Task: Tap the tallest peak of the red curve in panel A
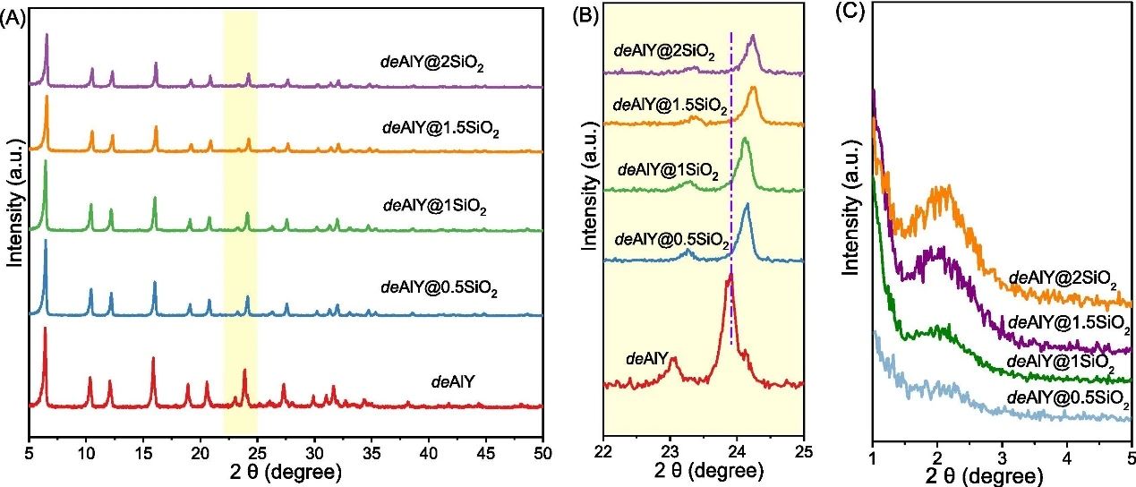(45, 329)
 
